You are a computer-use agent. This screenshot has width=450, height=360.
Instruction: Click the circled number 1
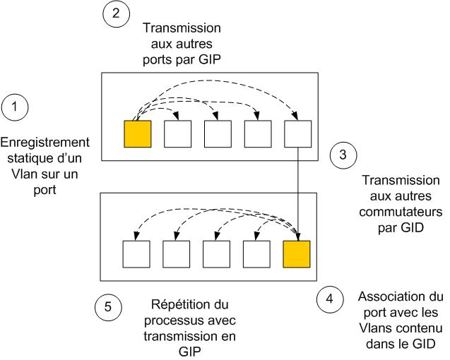click(16, 107)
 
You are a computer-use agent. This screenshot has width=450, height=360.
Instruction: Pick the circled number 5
click(108, 308)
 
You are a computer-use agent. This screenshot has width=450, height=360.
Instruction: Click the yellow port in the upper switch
click(137, 133)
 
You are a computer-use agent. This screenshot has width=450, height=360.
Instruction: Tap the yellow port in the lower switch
click(296, 254)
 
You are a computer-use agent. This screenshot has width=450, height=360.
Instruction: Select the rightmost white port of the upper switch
click(297, 133)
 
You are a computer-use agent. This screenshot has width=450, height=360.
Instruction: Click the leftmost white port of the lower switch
click(136, 254)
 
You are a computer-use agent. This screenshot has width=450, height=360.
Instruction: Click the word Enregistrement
click(45, 141)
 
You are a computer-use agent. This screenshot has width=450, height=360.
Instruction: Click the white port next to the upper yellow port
click(177, 133)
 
